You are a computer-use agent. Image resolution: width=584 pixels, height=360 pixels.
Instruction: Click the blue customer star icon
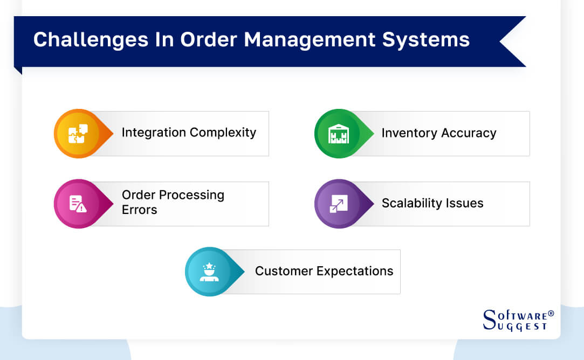[209, 272]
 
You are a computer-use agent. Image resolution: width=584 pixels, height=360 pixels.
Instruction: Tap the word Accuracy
[469, 133]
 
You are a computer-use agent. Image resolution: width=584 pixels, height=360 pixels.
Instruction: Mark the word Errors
[139, 210]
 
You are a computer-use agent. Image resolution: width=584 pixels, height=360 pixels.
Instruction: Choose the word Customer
[284, 271]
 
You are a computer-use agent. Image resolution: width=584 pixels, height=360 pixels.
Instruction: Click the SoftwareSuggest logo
[515, 320]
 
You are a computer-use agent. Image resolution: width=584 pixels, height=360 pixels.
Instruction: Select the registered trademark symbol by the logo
[551, 313]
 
